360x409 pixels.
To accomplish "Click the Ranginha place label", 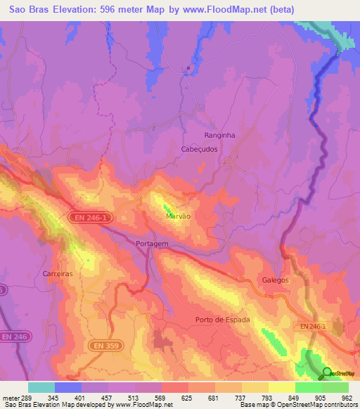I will tap(219, 135).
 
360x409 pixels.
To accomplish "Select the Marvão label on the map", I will tap(178, 217).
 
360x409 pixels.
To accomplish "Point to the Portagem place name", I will tap(152, 243).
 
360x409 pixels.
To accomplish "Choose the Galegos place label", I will tap(276, 280).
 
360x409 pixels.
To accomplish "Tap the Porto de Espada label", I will tap(222, 320).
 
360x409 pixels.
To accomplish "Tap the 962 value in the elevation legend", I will tap(347, 398).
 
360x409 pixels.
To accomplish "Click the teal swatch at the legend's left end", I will tap(41, 387).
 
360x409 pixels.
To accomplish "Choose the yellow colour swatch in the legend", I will tap(281, 387).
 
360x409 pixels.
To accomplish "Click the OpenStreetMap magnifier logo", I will tap(327, 372).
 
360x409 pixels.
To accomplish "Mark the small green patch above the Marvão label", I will tap(167, 209).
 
